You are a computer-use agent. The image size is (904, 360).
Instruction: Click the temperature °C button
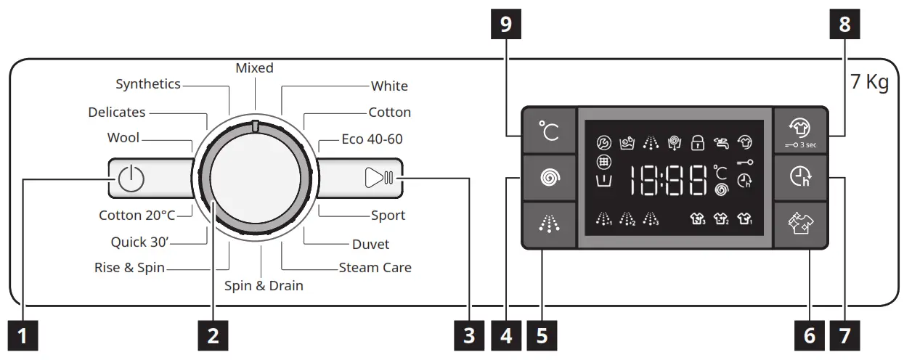pos(548,131)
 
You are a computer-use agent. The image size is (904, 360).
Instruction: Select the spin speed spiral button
pos(548,178)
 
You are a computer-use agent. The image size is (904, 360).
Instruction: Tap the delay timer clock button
pos(797,178)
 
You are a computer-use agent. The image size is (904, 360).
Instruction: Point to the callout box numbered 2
pos(212,335)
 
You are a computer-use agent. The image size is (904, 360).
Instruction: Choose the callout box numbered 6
pos(809,335)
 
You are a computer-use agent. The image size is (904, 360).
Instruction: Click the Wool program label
pos(123,138)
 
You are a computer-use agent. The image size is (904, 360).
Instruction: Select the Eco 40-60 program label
pos(372,139)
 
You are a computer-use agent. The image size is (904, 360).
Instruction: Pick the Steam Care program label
pos(375,267)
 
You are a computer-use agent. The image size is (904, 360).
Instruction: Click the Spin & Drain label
pos(264,285)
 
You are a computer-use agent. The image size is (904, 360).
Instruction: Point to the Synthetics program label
pos(148,84)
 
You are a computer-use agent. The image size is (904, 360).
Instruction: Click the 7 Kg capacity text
pos(869,82)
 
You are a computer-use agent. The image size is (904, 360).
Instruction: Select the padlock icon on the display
pos(698,143)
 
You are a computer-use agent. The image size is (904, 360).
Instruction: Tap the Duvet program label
pos(370,244)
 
